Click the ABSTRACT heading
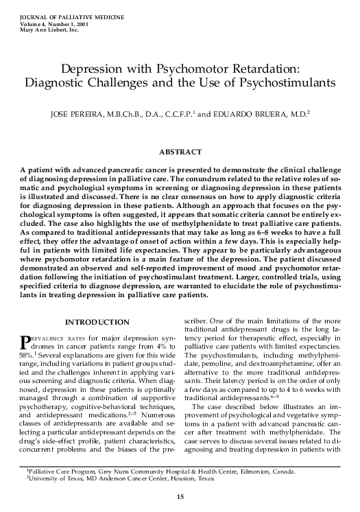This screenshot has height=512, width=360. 180,152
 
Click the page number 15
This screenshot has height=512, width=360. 180,496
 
